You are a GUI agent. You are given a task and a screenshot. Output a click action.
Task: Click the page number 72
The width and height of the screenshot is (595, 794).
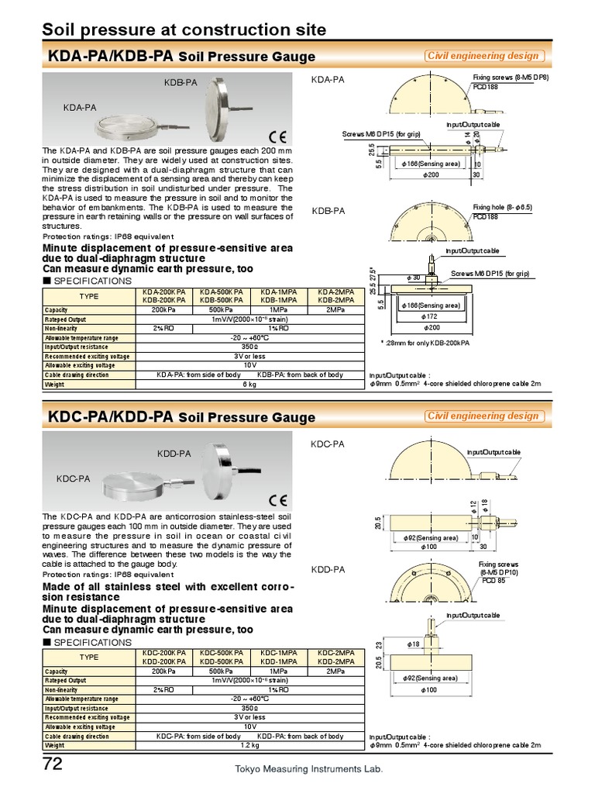52,765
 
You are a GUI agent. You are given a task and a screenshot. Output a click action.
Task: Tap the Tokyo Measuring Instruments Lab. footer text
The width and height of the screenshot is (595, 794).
309,770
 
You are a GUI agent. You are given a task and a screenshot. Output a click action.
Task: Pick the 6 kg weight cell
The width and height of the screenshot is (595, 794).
249,384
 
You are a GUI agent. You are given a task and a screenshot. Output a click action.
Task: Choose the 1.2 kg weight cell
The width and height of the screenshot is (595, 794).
249,745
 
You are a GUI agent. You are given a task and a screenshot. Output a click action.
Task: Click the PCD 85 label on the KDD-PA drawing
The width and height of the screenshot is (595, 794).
494,580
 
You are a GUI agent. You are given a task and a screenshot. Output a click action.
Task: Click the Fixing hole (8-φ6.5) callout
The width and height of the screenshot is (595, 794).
503,208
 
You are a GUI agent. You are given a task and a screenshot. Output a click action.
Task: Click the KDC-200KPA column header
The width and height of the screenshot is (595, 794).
163,653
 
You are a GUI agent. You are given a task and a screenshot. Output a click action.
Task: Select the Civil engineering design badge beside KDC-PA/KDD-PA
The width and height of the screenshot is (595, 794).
483,416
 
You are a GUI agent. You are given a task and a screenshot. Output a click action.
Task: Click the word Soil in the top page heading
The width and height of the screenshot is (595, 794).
60,30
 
